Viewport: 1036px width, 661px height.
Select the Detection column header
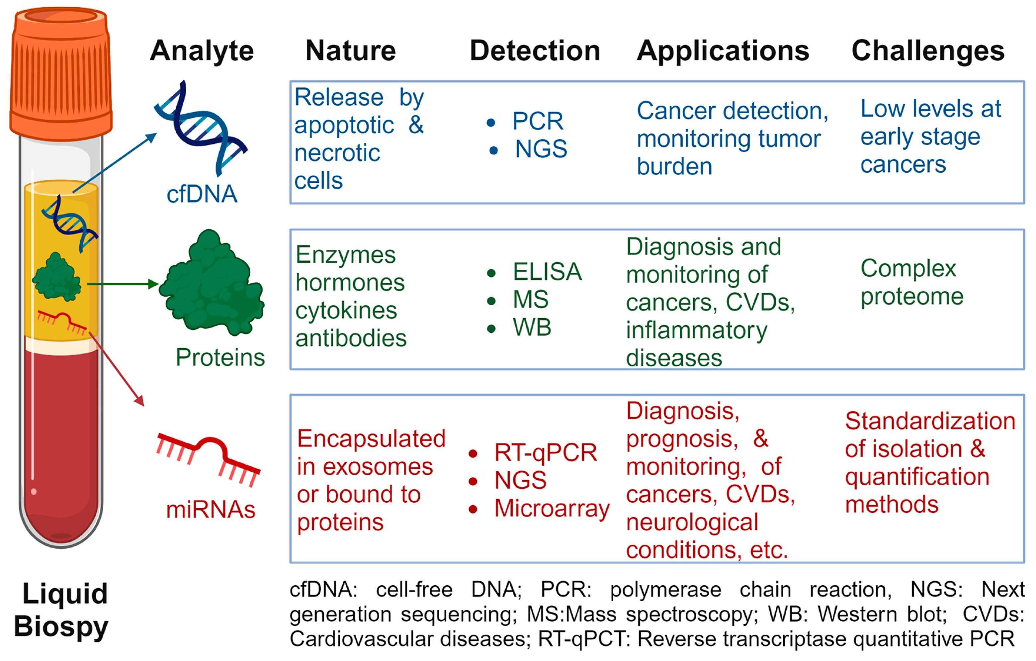tap(535, 51)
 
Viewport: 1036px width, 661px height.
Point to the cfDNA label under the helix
tap(202, 194)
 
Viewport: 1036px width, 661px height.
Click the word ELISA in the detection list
tap(547, 272)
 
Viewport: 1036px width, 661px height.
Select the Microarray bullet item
tap(552, 509)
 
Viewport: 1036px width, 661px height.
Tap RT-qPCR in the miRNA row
tap(546, 453)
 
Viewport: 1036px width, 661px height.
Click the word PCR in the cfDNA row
tap(538, 121)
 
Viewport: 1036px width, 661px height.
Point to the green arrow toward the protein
tap(123, 284)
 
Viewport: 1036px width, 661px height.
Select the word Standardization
tap(930, 421)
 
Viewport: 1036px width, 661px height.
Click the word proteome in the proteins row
tap(912, 297)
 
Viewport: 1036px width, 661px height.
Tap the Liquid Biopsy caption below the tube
tap(61, 610)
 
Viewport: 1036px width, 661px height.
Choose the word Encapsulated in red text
tap(371, 439)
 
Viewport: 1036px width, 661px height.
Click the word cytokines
tap(346, 311)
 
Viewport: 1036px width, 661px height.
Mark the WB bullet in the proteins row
tap(532, 328)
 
